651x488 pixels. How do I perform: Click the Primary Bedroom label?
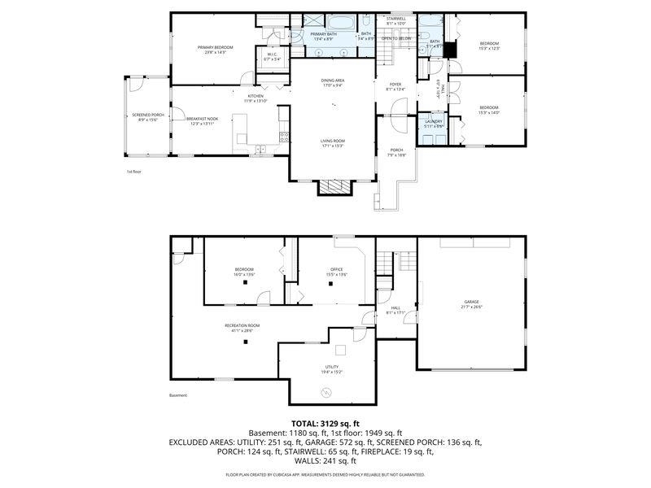[216, 48]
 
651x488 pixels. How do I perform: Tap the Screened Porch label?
[148, 115]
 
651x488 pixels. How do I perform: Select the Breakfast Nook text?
[202, 120]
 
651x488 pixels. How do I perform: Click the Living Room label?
[332, 142]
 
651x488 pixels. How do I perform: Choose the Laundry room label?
[434, 122]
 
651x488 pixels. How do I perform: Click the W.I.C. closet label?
[273, 55]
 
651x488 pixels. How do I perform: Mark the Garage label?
[472, 302]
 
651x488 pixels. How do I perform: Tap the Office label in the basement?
[336, 270]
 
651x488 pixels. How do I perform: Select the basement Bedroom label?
[244, 270]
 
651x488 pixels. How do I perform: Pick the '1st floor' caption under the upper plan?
[134, 172]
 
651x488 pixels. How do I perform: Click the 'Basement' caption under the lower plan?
[178, 395]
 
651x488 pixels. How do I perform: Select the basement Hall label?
[395, 308]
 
